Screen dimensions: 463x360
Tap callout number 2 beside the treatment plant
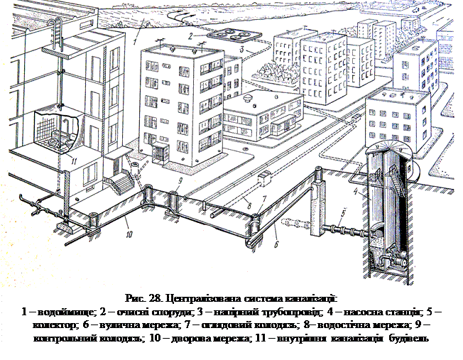tap(190, 35)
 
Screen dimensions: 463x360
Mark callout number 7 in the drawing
tap(265, 200)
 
